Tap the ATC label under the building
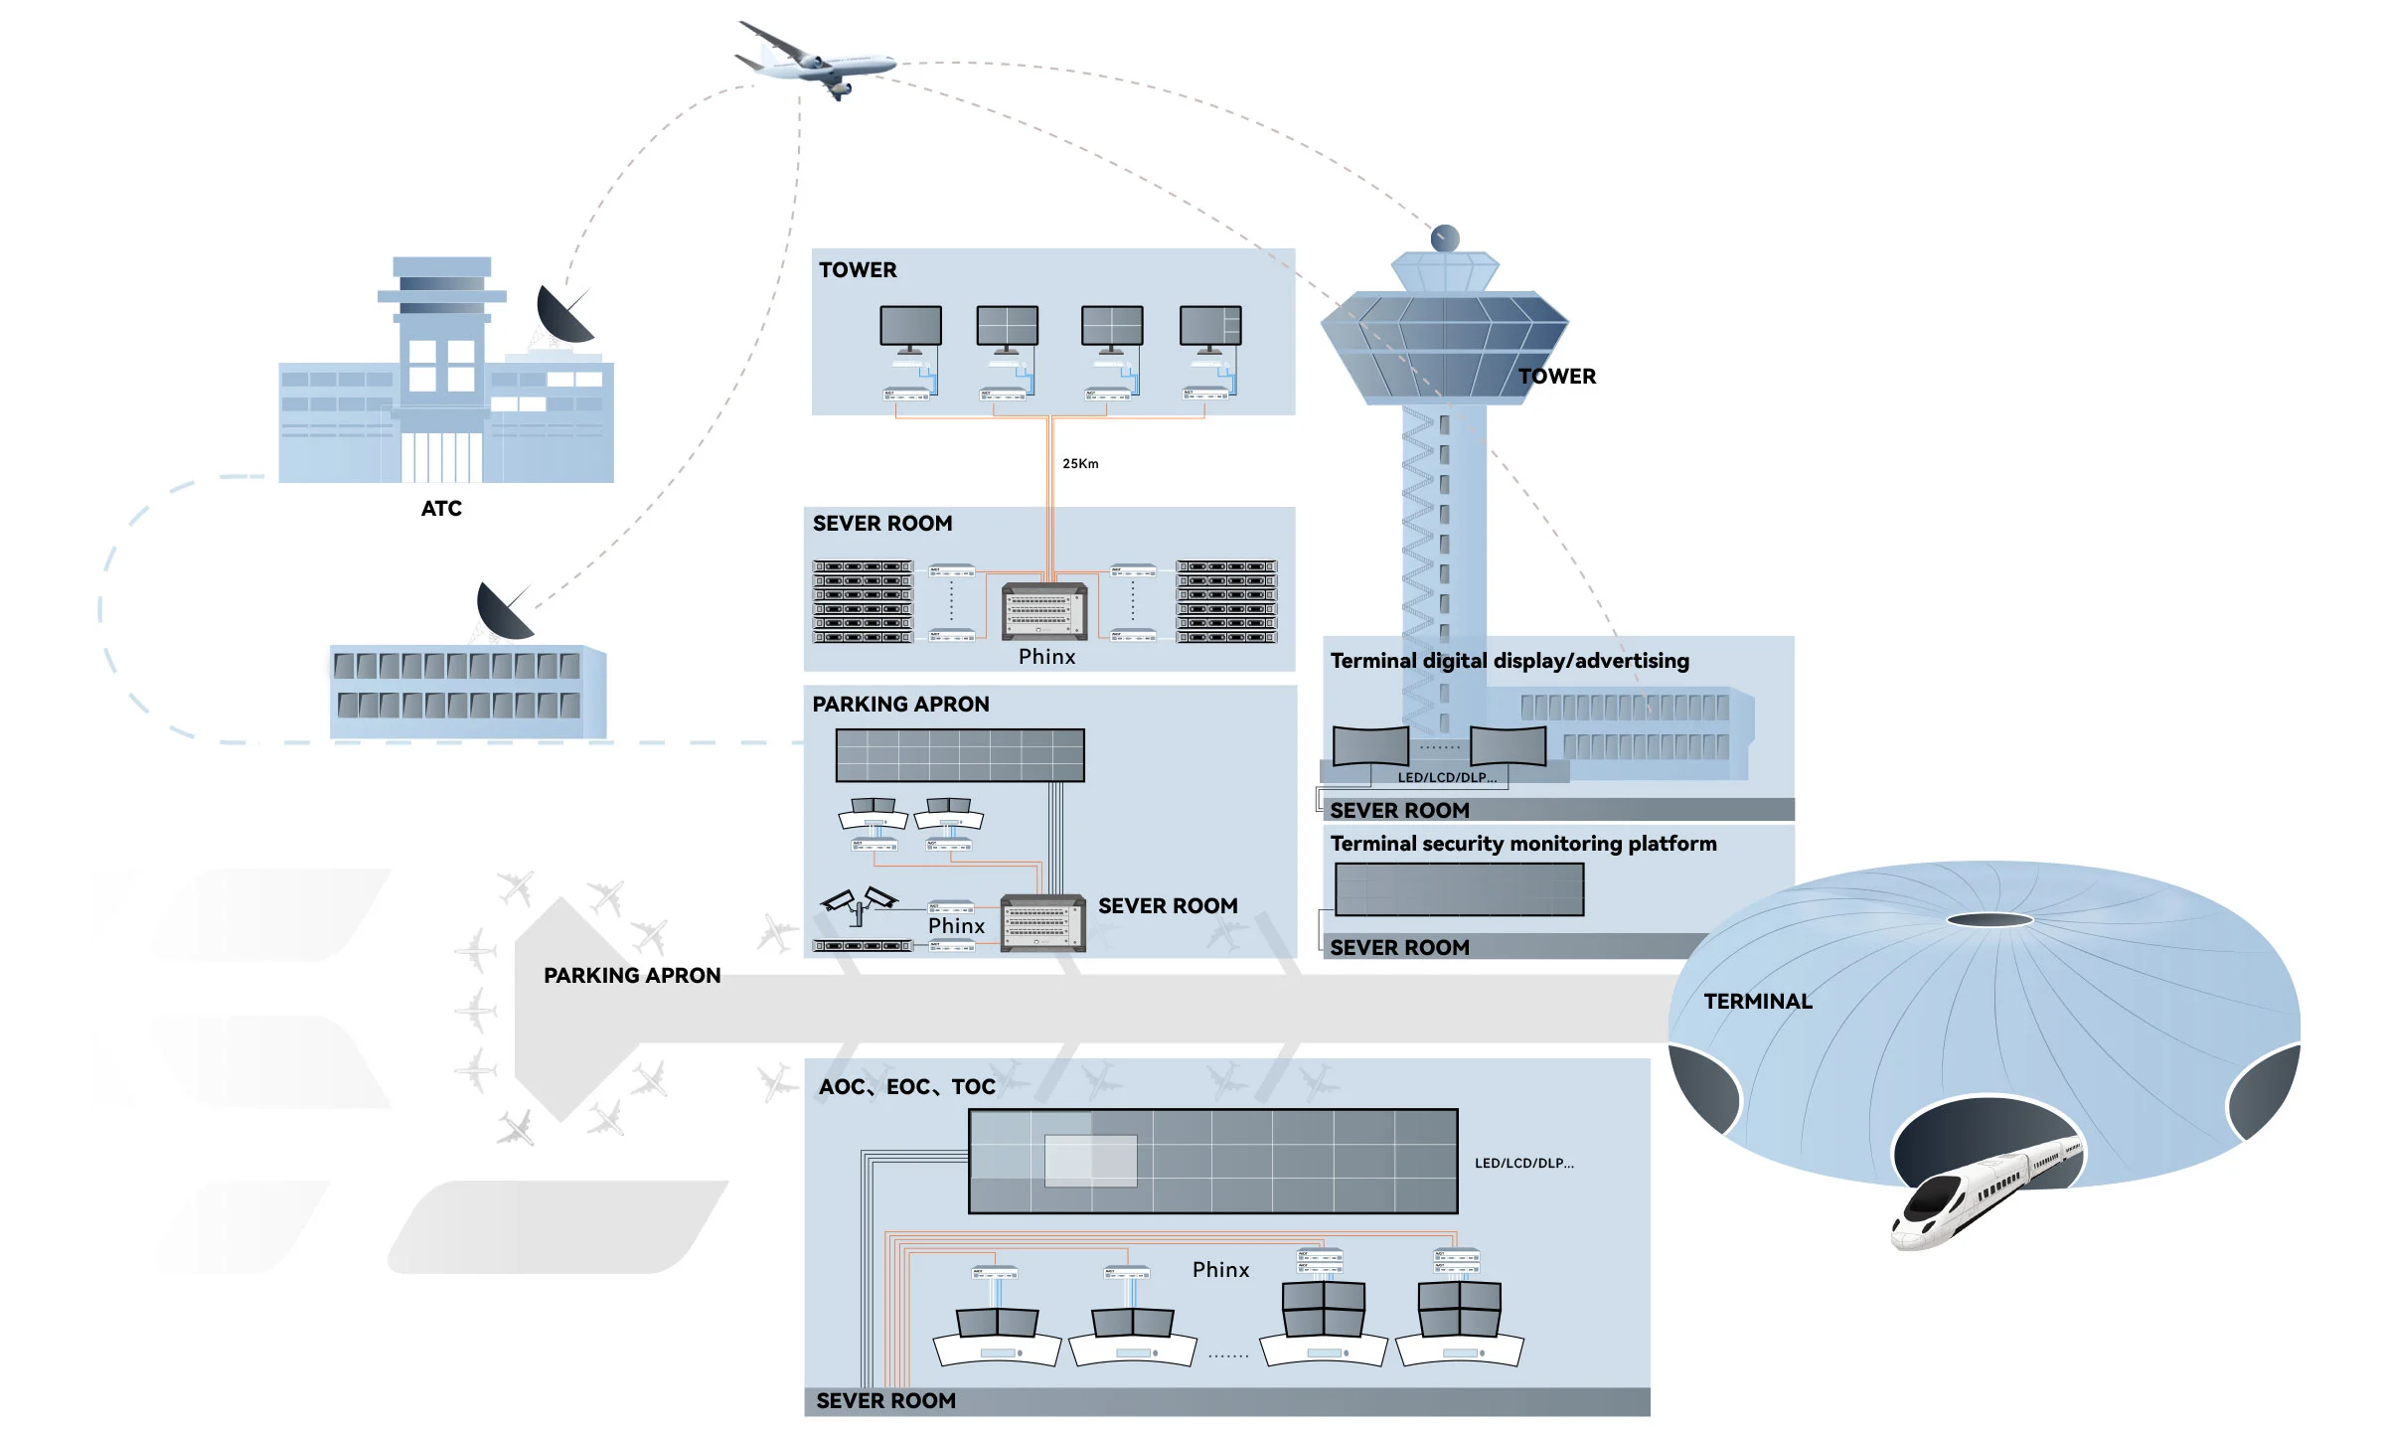441,509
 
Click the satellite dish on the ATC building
563,316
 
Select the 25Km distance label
1080,464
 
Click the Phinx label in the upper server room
1046,657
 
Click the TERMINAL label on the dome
1757,1002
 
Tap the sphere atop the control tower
1445,238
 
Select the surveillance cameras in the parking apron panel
860,901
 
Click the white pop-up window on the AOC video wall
1090,1160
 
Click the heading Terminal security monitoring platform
1522,844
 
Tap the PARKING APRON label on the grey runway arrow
632,976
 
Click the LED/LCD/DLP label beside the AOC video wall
1523,1163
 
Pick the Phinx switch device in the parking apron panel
1041,923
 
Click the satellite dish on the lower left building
504,611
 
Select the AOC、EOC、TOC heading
906,1087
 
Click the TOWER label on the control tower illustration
1556,377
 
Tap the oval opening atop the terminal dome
1989,919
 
